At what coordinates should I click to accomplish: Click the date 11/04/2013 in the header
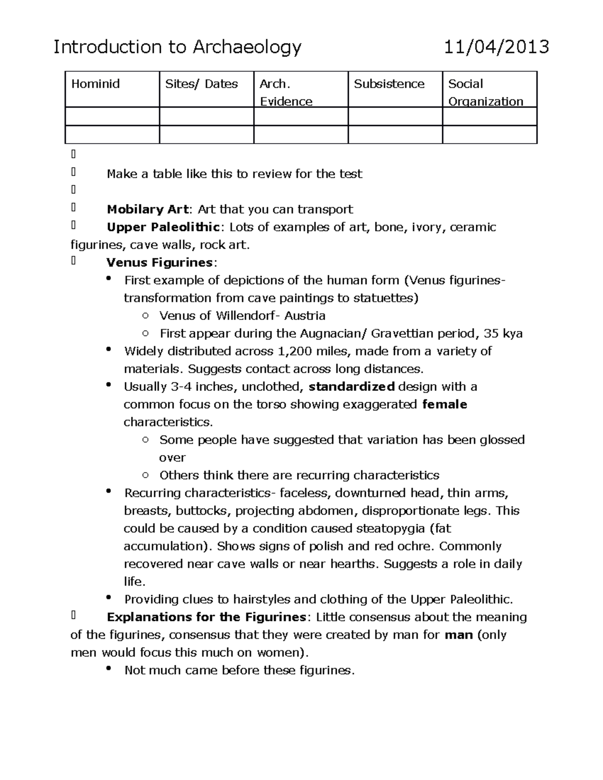496,47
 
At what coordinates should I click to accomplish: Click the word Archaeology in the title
247,47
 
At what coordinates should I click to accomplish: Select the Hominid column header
95,84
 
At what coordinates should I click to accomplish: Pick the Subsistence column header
389,84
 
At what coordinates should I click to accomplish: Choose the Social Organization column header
485,92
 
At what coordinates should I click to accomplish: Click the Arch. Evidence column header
285,92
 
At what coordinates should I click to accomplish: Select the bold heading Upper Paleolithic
163,227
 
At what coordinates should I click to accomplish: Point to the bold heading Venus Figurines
159,263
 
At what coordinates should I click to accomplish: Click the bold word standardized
351,387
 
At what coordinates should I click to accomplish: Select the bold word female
445,404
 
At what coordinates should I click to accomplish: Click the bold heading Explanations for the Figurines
207,617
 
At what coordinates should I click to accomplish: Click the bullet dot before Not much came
109,669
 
